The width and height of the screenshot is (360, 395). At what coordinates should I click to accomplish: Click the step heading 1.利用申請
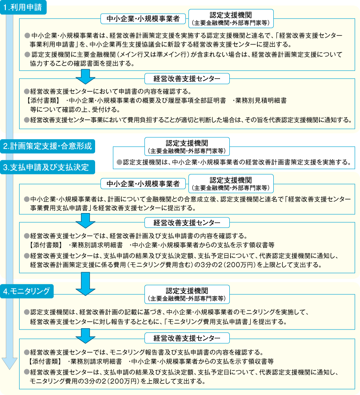click(23, 7)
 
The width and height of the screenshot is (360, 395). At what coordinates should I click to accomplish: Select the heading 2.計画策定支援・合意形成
click(48, 146)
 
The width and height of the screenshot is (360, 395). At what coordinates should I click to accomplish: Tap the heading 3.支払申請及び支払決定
click(48, 167)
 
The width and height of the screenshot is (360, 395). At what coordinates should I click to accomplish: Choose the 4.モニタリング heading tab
click(27, 291)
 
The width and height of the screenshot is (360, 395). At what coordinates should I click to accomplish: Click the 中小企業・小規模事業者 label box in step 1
click(143, 19)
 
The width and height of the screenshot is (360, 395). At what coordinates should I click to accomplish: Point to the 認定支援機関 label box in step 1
click(231, 18)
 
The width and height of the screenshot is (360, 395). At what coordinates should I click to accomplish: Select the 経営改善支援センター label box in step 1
click(187, 79)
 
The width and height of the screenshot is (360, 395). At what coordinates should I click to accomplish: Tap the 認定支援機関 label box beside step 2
click(187, 146)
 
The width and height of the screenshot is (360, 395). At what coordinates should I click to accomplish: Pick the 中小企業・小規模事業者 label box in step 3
click(143, 184)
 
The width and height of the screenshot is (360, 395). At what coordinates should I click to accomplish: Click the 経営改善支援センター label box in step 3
click(187, 222)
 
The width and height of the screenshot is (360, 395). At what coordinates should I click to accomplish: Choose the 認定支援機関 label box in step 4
click(187, 294)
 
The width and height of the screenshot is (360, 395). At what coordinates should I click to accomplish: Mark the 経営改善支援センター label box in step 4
click(187, 338)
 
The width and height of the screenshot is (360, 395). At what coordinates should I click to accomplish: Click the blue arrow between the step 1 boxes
click(86, 77)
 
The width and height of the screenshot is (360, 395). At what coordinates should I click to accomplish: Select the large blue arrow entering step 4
click(86, 284)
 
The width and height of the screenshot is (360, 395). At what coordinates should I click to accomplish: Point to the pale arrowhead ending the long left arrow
click(10, 363)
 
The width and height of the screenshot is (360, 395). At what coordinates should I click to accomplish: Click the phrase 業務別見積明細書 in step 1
click(261, 101)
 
